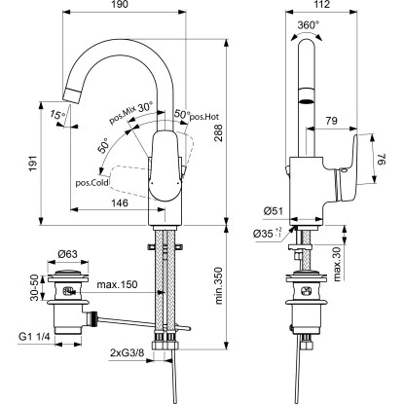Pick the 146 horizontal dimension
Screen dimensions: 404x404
[x=120, y=202]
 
